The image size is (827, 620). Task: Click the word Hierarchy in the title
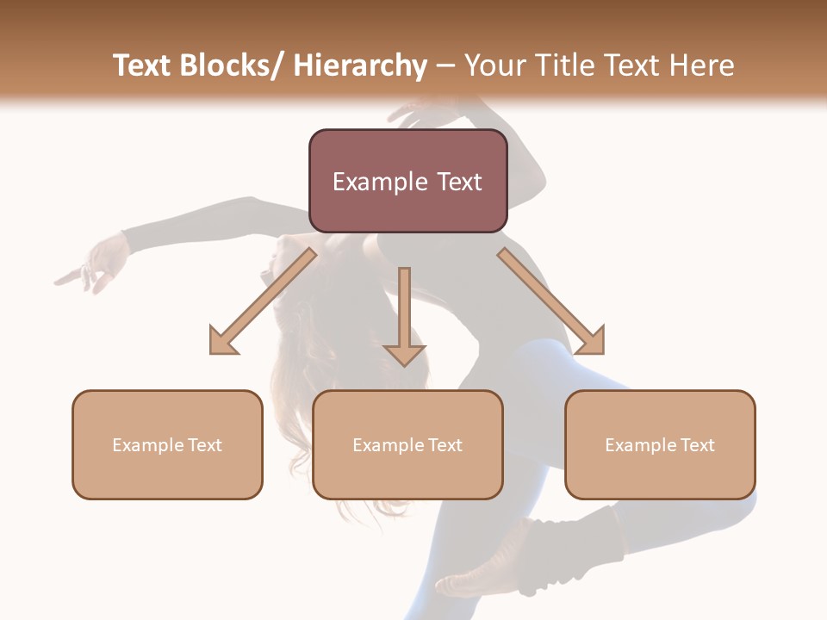pyautogui.click(x=359, y=66)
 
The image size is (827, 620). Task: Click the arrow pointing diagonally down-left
pyautogui.click(x=263, y=301)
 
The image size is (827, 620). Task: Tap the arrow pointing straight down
pyautogui.click(x=404, y=310)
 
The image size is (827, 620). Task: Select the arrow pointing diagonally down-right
pyautogui.click(x=550, y=300)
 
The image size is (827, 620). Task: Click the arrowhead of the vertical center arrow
pyautogui.click(x=404, y=355)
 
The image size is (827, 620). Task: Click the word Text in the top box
pyautogui.click(x=457, y=182)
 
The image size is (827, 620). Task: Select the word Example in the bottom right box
pyautogui.click(x=633, y=445)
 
